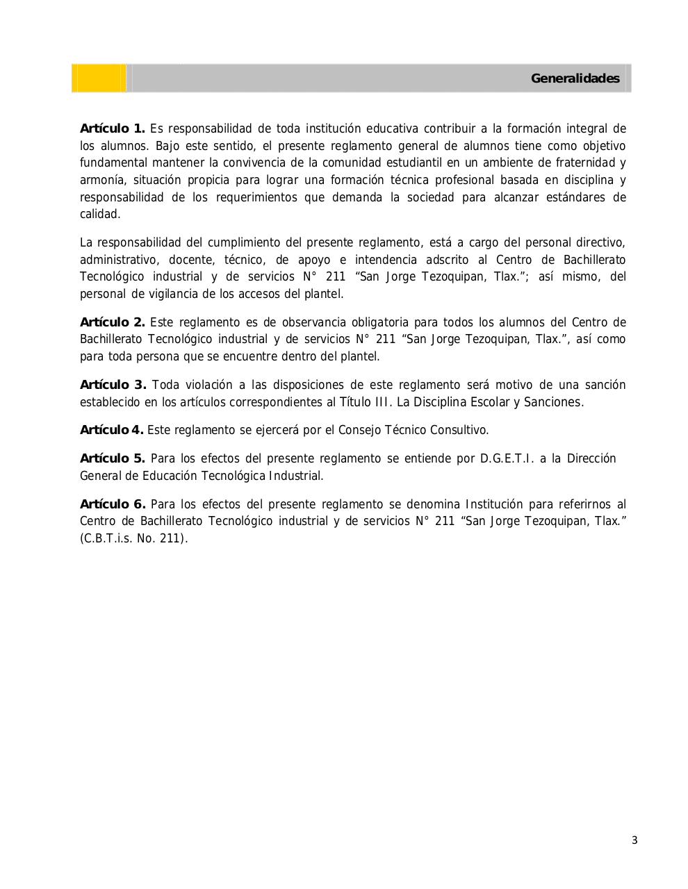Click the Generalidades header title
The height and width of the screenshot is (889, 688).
(575, 78)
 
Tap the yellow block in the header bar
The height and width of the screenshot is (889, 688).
(99, 78)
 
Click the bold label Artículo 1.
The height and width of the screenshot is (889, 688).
(113, 128)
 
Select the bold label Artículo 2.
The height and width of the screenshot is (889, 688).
(113, 322)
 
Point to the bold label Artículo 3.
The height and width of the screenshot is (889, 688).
(113, 385)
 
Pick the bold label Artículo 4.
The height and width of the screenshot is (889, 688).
(111, 430)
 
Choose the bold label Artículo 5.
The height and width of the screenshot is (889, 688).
(113, 458)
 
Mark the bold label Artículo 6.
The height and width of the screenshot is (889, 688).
(113, 504)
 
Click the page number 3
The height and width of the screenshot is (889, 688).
(634, 840)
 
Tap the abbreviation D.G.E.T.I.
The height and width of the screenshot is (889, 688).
(507, 458)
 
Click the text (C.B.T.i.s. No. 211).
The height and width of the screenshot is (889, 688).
(133, 538)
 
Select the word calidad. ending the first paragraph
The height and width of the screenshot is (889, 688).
(100, 214)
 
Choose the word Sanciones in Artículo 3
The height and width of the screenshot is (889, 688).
(553, 402)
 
